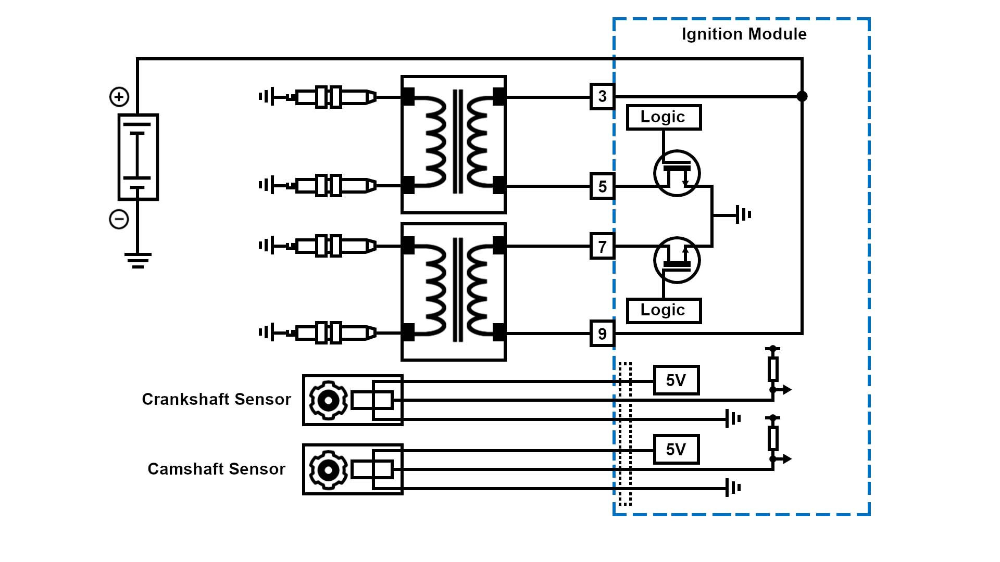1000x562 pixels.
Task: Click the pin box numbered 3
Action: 603,96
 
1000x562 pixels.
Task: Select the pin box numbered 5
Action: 603,186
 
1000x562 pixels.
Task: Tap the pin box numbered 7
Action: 603,246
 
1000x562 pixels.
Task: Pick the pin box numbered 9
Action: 603,334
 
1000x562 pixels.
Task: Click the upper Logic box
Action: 664,117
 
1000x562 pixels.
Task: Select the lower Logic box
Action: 664,311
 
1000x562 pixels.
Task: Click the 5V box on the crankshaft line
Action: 676,380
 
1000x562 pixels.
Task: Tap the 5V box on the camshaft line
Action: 676,450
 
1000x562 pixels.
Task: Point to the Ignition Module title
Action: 744,34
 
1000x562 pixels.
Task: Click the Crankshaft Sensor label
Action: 216,400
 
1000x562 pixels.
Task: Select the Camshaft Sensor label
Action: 216,469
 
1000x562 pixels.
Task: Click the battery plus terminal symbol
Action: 119,97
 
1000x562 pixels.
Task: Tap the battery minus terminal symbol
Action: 119,219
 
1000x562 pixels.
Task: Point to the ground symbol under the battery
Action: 138,260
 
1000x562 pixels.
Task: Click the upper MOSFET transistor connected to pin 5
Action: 677,173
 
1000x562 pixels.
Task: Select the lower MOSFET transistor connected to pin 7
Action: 677,260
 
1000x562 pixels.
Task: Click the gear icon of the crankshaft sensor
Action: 328,400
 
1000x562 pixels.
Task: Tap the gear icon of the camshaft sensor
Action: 328,470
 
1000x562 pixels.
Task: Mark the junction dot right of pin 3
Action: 802,96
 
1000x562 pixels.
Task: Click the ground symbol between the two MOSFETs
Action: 743,214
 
